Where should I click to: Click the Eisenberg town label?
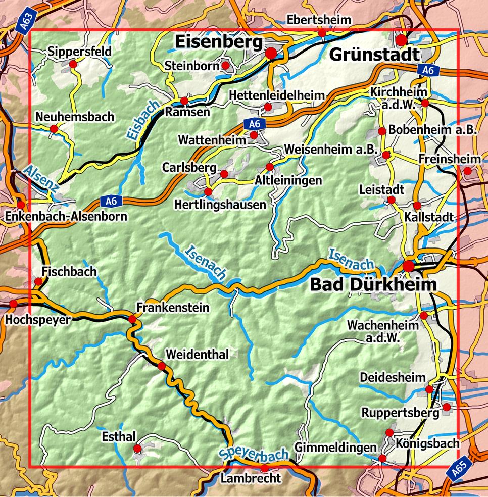pyautogui.click(x=220, y=43)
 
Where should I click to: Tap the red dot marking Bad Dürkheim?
pyautogui.click(x=408, y=266)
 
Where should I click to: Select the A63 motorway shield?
pyautogui.click(x=29, y=23)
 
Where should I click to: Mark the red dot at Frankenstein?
pyautogui.click(x=132, y=319)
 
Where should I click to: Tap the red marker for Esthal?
pyautogui.click(x=137, y=449)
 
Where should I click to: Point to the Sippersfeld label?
pyautogui.click(x=79, y=52)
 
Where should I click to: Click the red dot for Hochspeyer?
pyautogui.click(x=13, y=304)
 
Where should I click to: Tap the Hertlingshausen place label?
pyautogui.click(x=219, y=205)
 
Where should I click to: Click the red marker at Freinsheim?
pyautogui.click(x=467, y=171)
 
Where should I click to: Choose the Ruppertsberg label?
pyautogui.click(x=400, y=413)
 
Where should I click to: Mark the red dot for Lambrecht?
pyautogui.click(x=264, y=468)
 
